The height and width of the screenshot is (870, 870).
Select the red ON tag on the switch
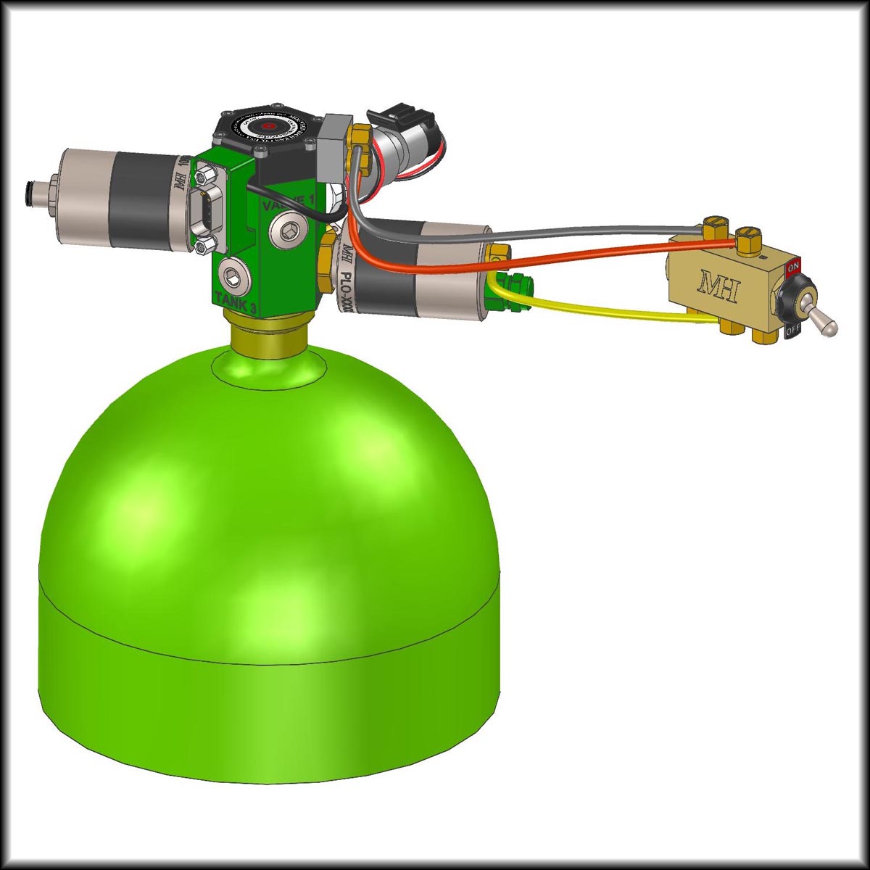[793, 266]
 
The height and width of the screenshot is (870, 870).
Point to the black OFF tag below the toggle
[792, 332]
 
